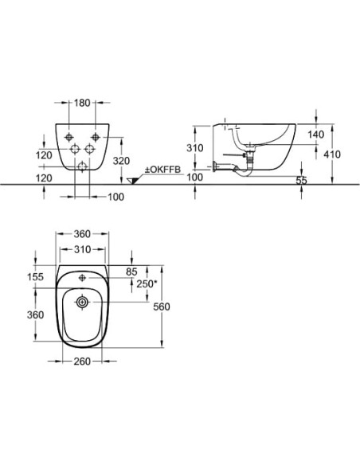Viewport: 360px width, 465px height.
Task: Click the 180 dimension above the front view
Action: (82, 103)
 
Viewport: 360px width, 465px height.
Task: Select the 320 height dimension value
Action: (121, 161)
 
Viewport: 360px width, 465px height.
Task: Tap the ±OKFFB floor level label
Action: (162, 170)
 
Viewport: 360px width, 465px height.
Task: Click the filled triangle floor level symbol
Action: (132, 181)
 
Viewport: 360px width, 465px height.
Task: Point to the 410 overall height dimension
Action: (332, 154)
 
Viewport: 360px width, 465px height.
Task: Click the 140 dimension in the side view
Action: (316, 135)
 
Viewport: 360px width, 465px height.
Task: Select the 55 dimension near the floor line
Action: (301, 180)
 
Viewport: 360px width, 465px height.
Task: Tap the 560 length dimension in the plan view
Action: (162, 307)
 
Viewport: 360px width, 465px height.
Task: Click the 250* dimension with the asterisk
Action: (147, 283)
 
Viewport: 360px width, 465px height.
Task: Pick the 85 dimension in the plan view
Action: (131, 272)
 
